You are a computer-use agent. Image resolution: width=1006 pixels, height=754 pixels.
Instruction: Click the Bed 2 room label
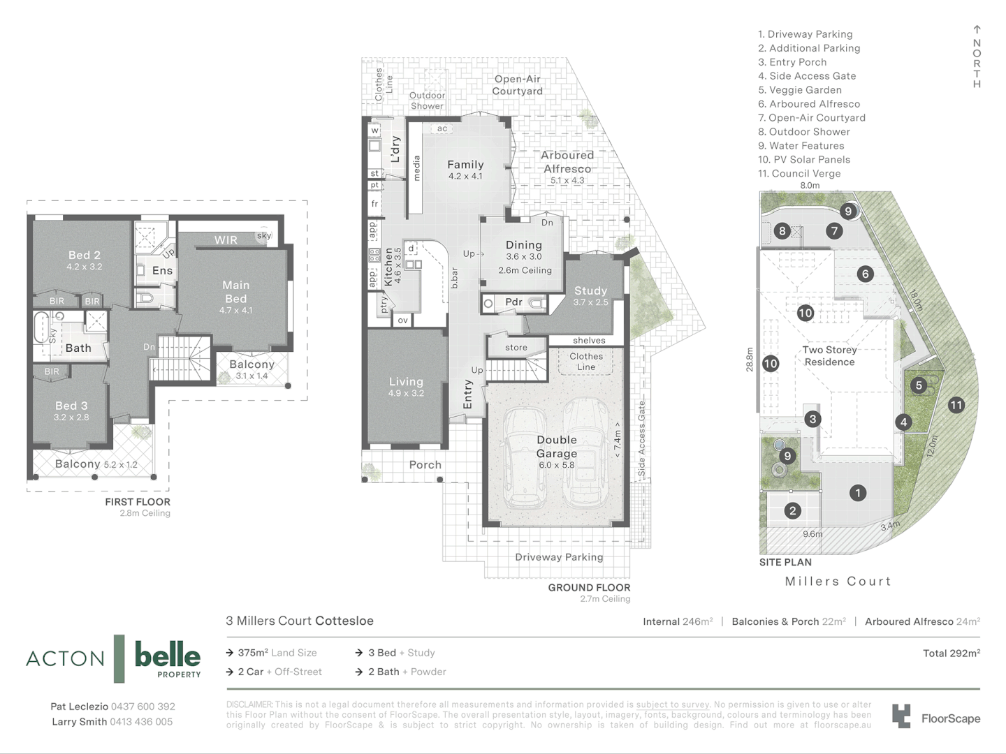click(x=85, y=256)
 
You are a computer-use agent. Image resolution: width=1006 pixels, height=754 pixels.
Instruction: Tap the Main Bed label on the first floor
click(x=235, y=291)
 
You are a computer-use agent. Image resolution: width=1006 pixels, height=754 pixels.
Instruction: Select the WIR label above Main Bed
click(x=226, y=240)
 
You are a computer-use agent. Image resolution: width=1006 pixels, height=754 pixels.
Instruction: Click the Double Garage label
click(x=557, y=447)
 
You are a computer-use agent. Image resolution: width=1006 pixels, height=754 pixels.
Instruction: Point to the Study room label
click(x=590, y=290)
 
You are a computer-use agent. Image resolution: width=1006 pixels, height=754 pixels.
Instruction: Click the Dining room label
click(x=524, y=245)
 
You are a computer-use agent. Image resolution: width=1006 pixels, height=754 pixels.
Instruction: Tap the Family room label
click(x=465, y=165)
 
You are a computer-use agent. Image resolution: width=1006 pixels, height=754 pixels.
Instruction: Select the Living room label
click(x=406, y=382)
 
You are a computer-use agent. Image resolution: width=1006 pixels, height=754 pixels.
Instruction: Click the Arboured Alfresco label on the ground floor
click(x=567, y=161)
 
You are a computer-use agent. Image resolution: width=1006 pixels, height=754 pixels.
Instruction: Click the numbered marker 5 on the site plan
click(x=919, y=385)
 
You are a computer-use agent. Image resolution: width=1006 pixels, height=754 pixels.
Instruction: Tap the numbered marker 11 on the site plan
click(x=956, y=405)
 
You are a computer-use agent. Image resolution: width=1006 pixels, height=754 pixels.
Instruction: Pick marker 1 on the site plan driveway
click(x=858, y=493)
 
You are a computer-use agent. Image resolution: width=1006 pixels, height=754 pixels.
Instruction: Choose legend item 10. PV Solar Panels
click(x=804, y=160)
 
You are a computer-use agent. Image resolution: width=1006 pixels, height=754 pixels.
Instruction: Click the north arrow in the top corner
click(x=977, y=30)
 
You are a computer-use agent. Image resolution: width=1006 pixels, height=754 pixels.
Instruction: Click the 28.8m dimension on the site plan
click(x=750, y=360)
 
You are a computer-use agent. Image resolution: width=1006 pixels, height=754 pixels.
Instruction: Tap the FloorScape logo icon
click(x=901, y=716)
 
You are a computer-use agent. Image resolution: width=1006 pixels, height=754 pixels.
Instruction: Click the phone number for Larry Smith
click(x=141, y=722)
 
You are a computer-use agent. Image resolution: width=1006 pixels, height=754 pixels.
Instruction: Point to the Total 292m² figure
click(x=951, y=653)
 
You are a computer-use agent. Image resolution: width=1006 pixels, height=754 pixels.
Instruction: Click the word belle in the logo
click(x=167, y=655)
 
